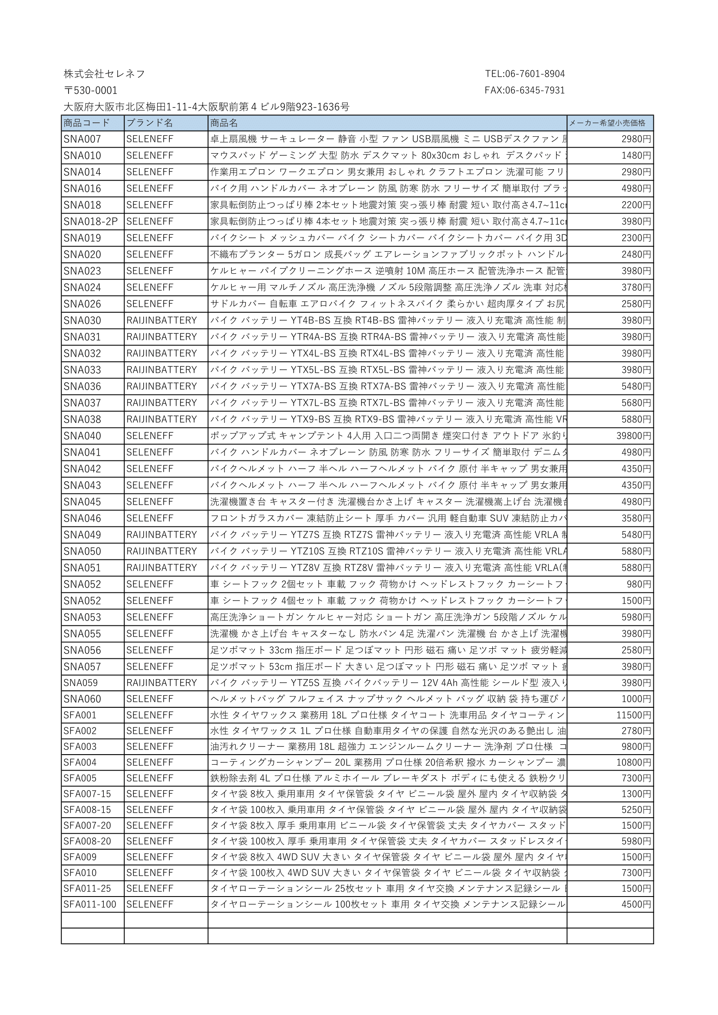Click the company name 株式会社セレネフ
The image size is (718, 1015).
pyautogui.click(x=104, y=74)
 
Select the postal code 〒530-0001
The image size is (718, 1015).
pyautogui.click(x=91, y=91)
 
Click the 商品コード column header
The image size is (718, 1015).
pyautogui.click(x=87, y=123)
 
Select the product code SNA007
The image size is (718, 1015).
pyautogui.click(x=82, y=139)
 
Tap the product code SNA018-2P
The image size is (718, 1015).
pyautogui.click(x=91, y=221)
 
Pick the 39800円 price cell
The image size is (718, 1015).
pyautogui.click(x=633, y=436)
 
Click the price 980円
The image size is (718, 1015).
pyautogui.click(x=639, y=585)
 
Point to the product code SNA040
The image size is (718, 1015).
pyautogui.click(x=82, y=436)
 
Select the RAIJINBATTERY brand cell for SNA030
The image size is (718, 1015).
pyautogui.click(x=161, y=321)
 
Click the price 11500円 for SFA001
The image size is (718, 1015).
pyautogui.click(x=633, y=715)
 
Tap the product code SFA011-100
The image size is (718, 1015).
pyautogui.click(x=90, y=904)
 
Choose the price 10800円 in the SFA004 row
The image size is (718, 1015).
pyautogui.click(x=633, y=762)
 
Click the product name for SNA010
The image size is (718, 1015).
pyautogui.click(x=387, y=156)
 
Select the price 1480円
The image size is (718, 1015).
pyautogui.click(x=636, y=156)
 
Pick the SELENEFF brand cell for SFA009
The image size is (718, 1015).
pyautogui.click(x=149, y=857)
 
